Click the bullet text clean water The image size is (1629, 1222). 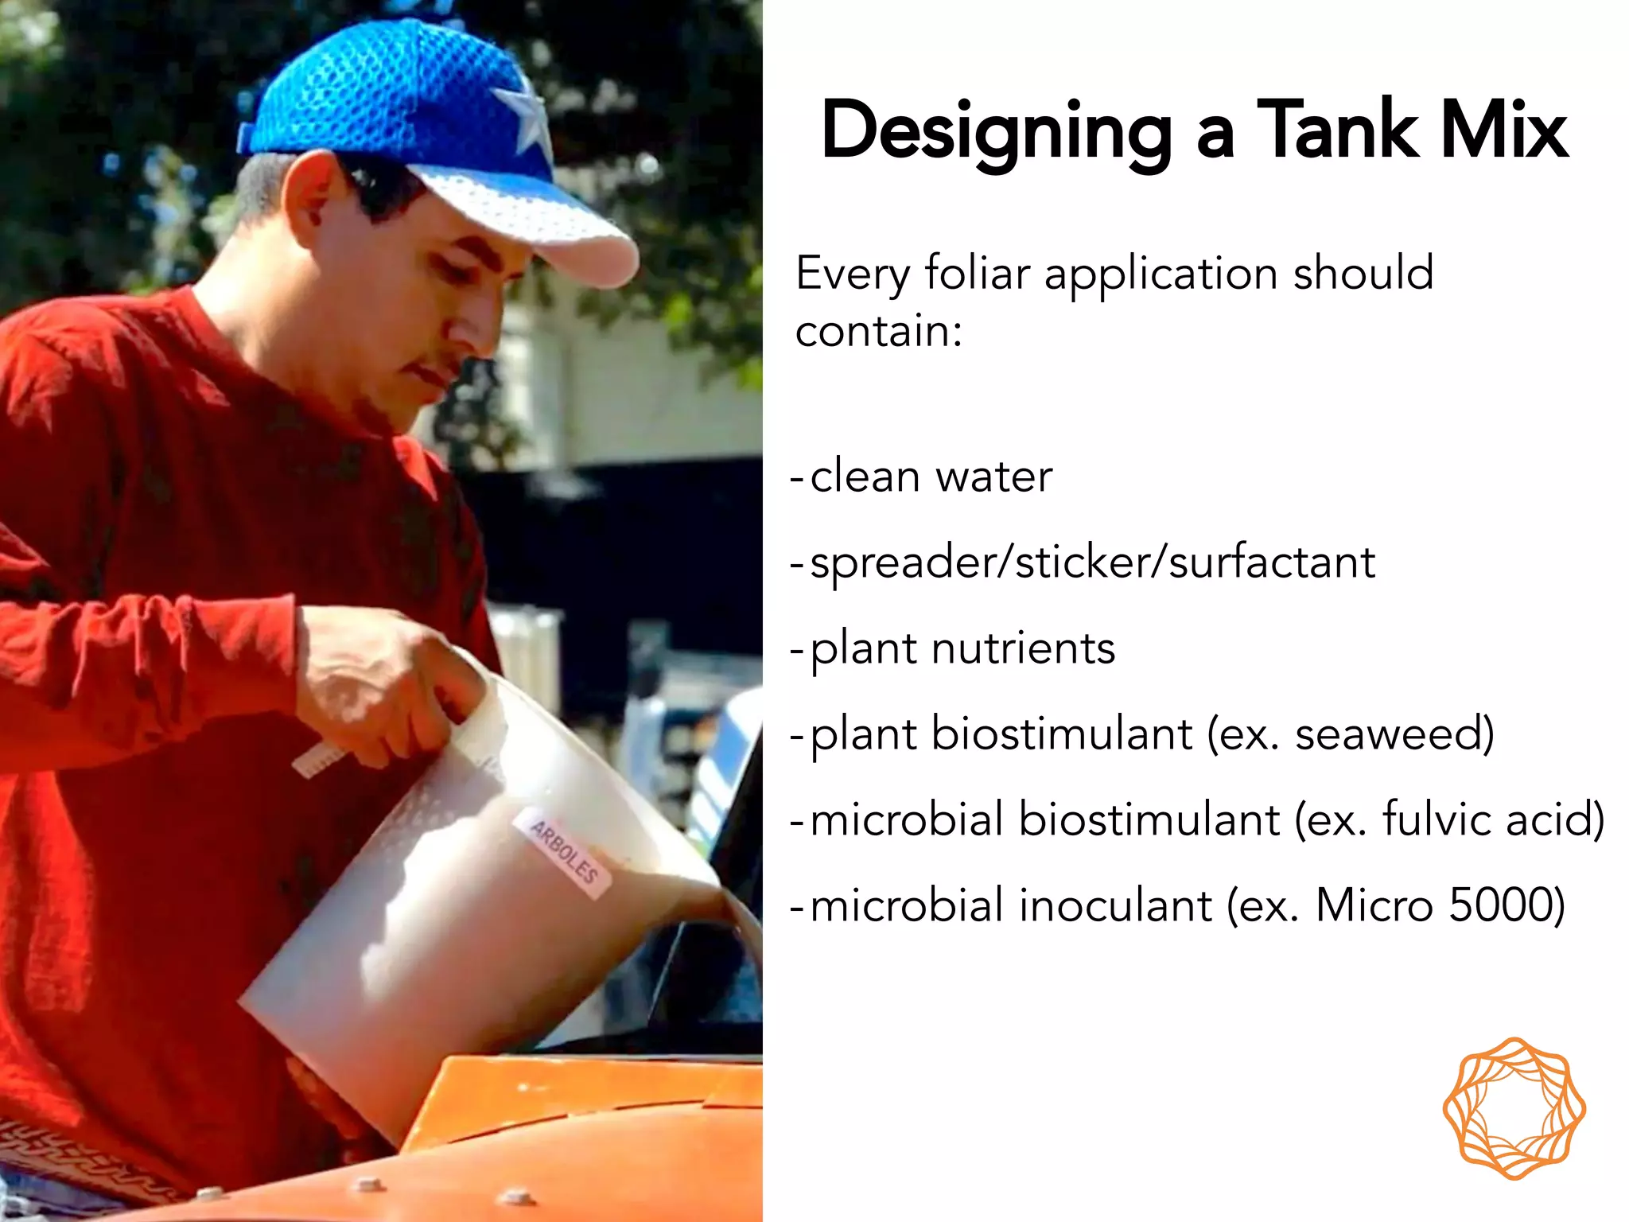931,477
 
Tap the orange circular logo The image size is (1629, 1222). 1514,1108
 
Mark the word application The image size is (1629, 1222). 1161,274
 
